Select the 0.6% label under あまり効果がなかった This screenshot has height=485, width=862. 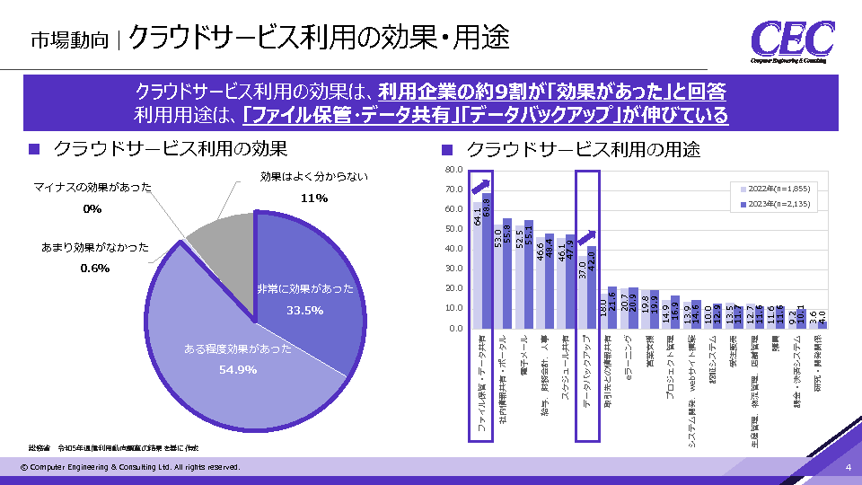94,268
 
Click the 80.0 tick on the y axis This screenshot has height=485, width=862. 453,170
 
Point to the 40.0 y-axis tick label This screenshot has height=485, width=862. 453,249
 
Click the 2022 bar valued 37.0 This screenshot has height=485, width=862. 582,292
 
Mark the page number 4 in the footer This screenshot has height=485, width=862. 848,468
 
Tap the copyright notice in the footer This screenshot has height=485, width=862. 130,468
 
